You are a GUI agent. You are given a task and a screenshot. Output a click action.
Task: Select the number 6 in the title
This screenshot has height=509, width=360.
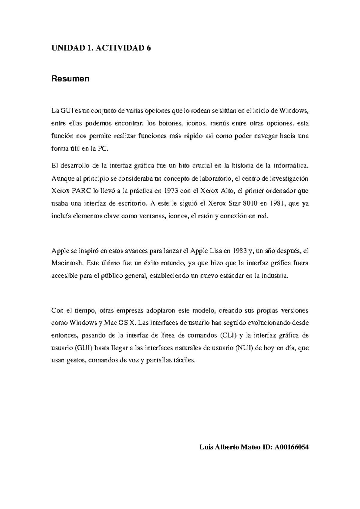(x=148, y=48)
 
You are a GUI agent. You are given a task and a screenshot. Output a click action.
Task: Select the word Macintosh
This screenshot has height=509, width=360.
(x=67, y=263)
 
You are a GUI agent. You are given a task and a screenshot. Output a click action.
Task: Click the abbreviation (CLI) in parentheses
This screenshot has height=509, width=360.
(x=228, y=335)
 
